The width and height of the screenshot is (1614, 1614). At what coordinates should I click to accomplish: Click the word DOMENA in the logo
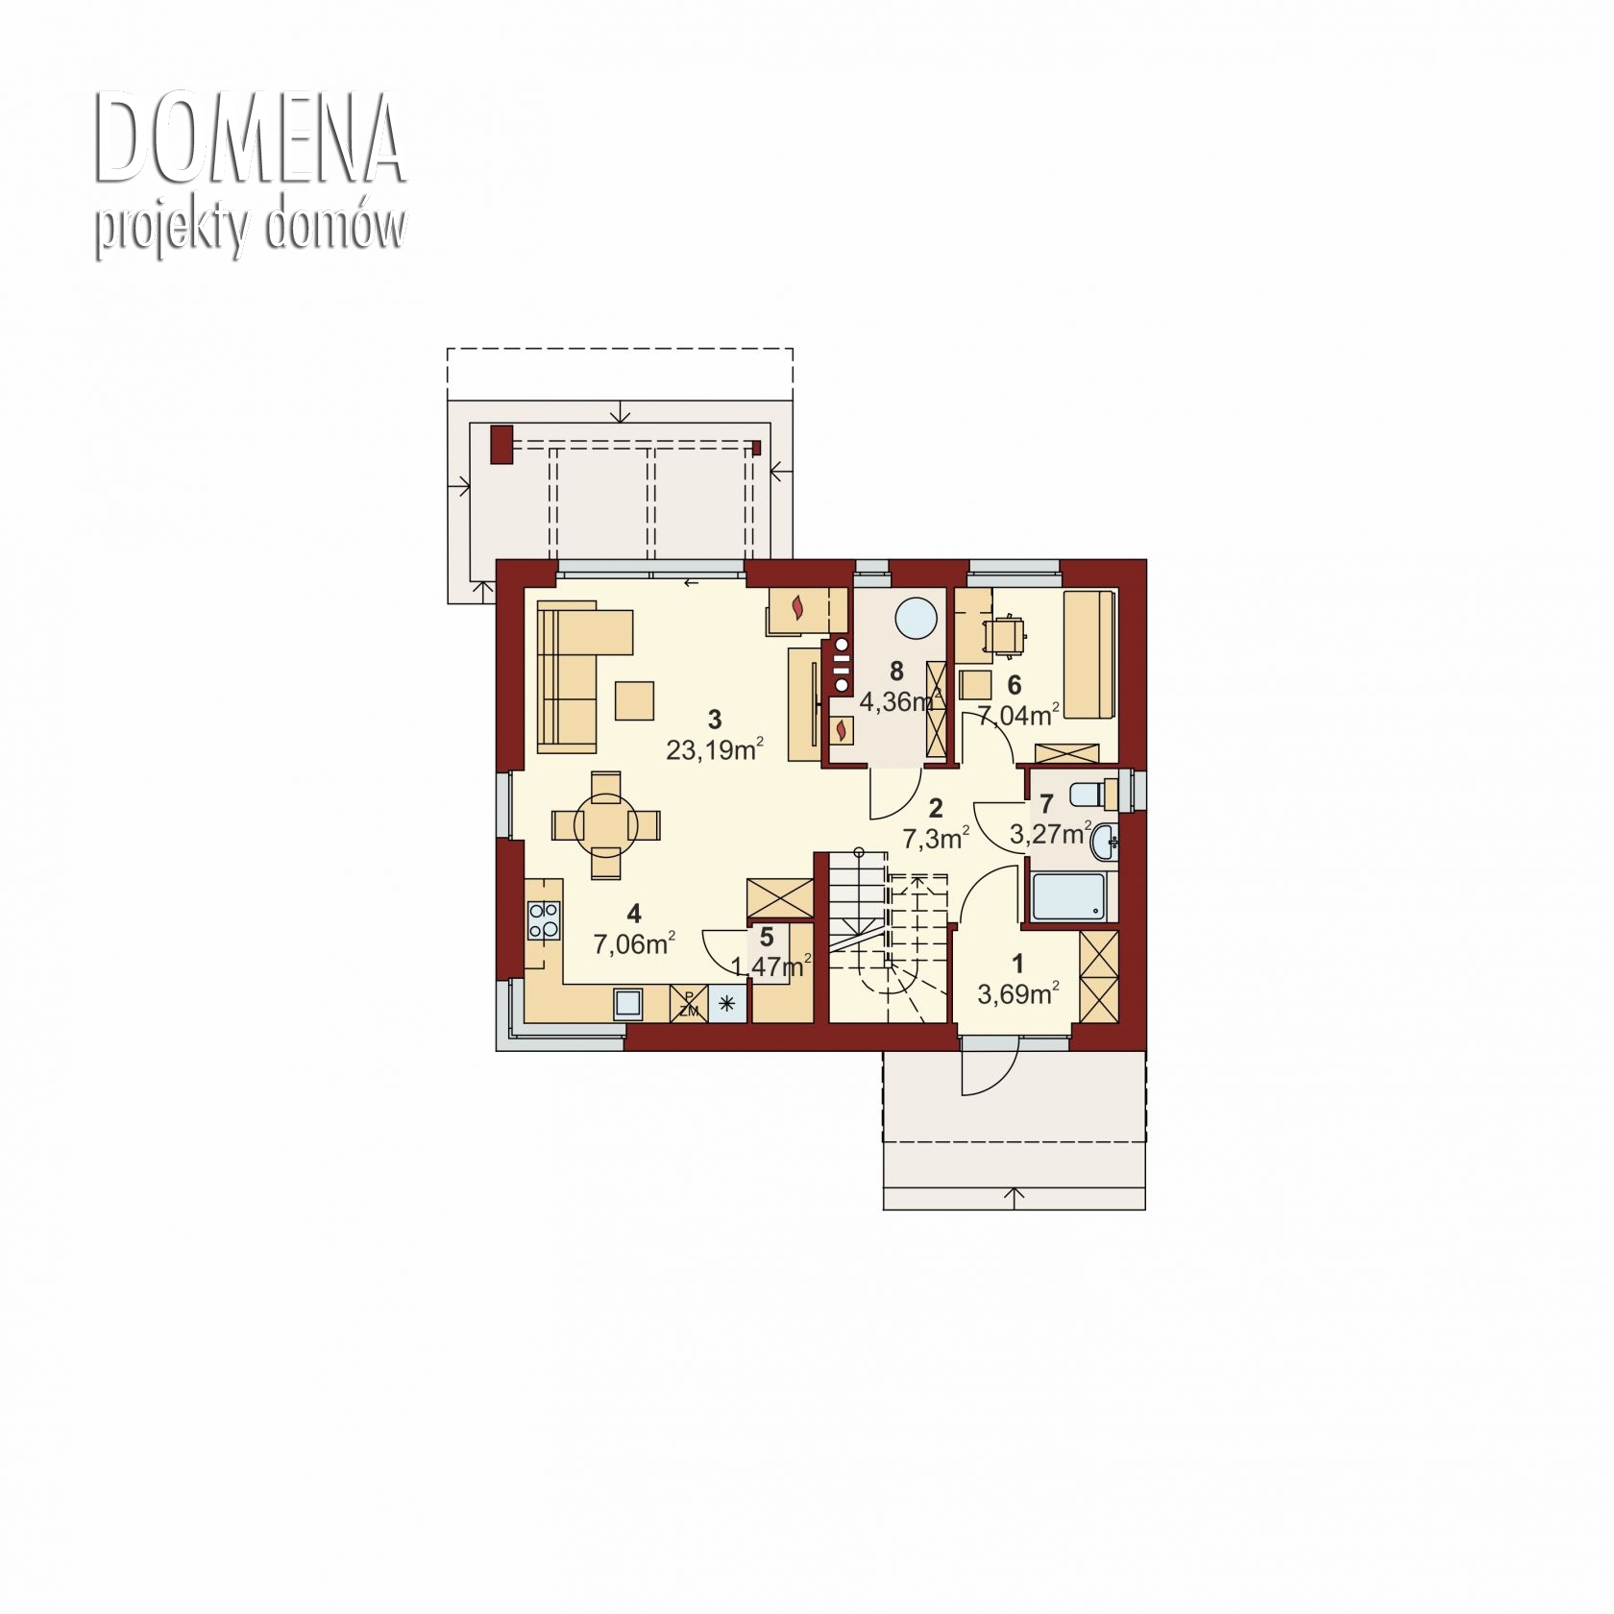pyautogui.click(x=250, y=139)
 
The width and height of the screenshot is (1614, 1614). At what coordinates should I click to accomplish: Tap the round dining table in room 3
pyautogui.click(x=606, y=824)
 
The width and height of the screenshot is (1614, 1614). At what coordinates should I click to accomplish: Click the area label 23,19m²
pyautogui.click(x=715, y=749)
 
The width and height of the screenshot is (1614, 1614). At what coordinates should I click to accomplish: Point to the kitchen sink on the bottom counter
pyautogui.click(x=630, y=1003)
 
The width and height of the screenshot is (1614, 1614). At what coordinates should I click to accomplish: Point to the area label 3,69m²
pyautogui.click(x=1018, y=994)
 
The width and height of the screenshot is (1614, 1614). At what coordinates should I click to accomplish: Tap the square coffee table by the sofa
pyautogui.click(x=634, y=700)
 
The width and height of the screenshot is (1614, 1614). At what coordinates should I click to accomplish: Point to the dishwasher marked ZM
pyautogui.click(x=689, y=1004)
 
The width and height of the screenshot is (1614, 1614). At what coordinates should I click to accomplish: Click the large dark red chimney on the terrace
pyautogui.click(x=501, y=445)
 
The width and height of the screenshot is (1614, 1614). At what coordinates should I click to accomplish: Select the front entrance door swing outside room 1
pyautogui.click(x=989, y=1066)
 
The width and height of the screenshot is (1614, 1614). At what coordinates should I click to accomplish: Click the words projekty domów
pyautogui.click(x=250, y=231)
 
